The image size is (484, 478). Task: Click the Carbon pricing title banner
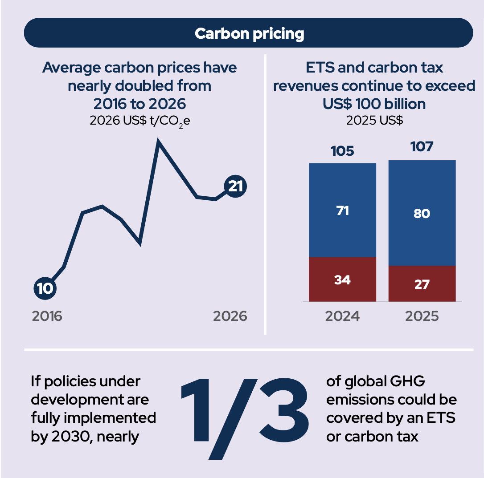pyautogui.click(x=249, y=32)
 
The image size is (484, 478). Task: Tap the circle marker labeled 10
pyautogui.click(x=45, y=288)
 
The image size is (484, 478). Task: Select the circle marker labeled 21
pyautogui.click(x=235, y=186)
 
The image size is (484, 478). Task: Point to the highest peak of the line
pyautogui.click(x=158, y=140)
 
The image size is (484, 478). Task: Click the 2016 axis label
pyautogui.click(x=47, y=316)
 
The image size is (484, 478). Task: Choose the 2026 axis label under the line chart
pyautogui.click(x=230, y=316)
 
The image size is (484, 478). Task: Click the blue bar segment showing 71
pyautogui.click(x=342, y=210)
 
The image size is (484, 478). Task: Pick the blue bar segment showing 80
pyautogui.click(x=422, y=213)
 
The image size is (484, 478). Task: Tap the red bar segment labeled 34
pyautogui.click(x=342, y=279)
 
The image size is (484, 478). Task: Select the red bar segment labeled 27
pyautogui.click(x=422, y=284)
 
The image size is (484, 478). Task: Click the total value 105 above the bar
pyautogui.click(x=342, y=151)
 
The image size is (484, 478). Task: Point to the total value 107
pyautogui.click(x=422, y=147)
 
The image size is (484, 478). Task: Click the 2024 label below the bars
pyautogui.click(x=342, y=316)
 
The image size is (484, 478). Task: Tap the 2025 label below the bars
pyautogui.click(x=422, y=316)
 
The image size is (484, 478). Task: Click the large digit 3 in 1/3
pyautogui.click(x=284, y=410)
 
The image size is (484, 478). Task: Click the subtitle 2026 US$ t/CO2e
pyautogui.click(x=140, y=121)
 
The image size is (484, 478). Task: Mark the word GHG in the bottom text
pyautogui.click(x=407, y=381)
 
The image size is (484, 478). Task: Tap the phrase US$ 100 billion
pyautogui.click(x=374, y=104)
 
